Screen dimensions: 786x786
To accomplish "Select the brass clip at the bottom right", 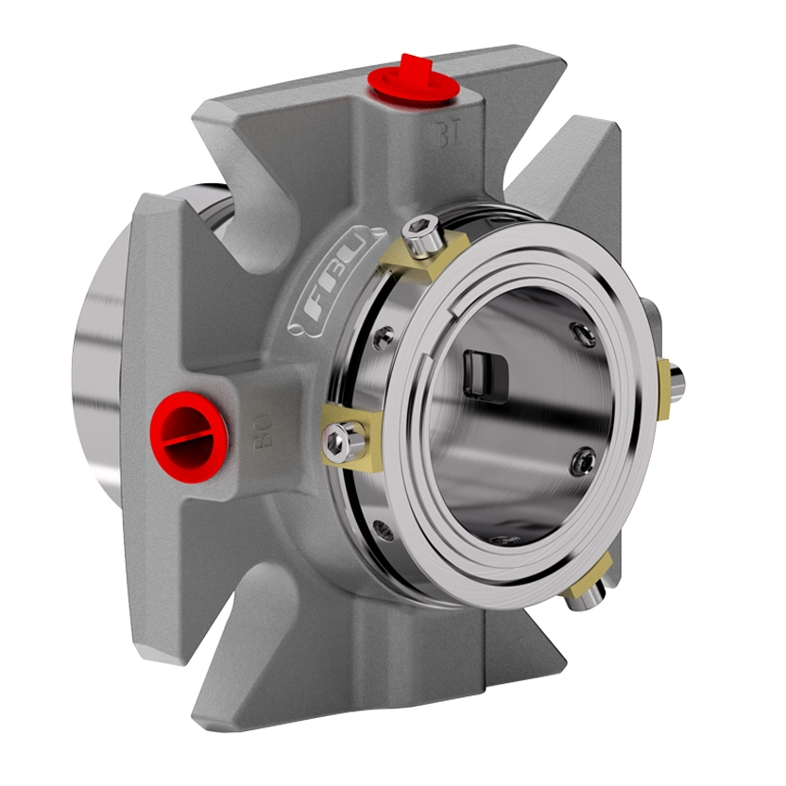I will [x=593, y=573].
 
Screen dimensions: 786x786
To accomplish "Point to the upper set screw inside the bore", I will [x=583, y=333].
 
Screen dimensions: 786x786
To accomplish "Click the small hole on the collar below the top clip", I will [x=384, y=336].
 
